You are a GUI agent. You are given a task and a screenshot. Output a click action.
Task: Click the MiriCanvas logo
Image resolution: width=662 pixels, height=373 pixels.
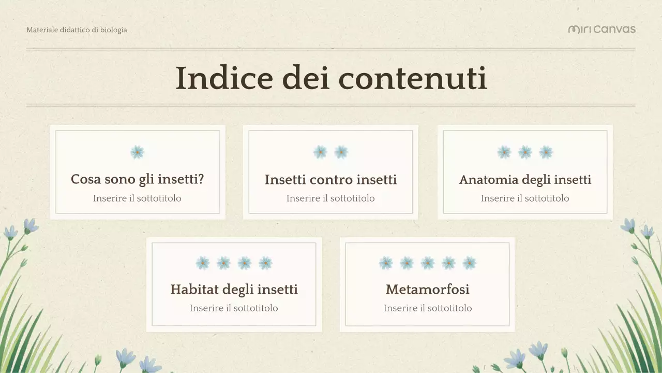(x=601, y=29)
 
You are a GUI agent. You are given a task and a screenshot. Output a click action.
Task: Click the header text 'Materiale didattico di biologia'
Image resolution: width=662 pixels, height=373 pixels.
(x=77, y=30)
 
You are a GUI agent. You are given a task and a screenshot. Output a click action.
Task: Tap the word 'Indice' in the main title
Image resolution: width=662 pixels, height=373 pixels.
(x=223, y=79)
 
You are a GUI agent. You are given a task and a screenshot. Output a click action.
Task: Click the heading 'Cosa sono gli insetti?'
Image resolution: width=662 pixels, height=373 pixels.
(x=137, y=179)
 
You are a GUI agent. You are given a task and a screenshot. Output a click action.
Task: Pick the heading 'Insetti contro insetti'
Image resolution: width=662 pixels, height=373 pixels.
(x=330, y=180)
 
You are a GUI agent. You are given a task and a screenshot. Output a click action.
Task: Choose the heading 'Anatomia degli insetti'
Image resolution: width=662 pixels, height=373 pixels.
(x=525, y=180)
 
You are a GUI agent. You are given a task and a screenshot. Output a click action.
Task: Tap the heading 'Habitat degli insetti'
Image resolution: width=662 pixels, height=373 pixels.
(x=234, y=289)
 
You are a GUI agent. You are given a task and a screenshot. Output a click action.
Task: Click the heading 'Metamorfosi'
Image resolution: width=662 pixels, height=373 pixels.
(x=428, y=289)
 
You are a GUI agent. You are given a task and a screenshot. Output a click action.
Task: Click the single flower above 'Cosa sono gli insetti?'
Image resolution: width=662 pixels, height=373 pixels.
(x=137, y=152)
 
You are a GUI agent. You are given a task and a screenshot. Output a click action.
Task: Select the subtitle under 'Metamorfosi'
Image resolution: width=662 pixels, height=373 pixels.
(x=428, y=308)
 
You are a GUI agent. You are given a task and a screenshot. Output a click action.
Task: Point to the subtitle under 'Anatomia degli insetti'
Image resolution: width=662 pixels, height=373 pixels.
(x=525, y=198)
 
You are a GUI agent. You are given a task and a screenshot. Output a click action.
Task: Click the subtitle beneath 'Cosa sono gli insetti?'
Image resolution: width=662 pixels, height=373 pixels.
(x=137, y=198)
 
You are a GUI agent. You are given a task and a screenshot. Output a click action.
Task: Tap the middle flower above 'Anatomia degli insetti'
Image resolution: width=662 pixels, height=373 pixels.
(x=525, y=152)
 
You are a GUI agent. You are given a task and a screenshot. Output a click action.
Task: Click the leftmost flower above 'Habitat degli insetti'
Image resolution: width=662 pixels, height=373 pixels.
(x=203, y=263)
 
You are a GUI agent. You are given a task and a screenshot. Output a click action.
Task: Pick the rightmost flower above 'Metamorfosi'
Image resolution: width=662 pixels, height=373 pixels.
(x=469, y=263)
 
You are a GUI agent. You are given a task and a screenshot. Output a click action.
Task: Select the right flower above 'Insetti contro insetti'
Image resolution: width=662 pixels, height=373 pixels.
(x=341, y=152)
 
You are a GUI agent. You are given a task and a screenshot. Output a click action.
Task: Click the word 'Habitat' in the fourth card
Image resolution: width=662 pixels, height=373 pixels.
(x=193, y=289)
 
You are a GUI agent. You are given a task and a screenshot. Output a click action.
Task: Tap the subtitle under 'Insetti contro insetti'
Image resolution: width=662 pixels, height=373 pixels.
(x=330, y=198)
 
